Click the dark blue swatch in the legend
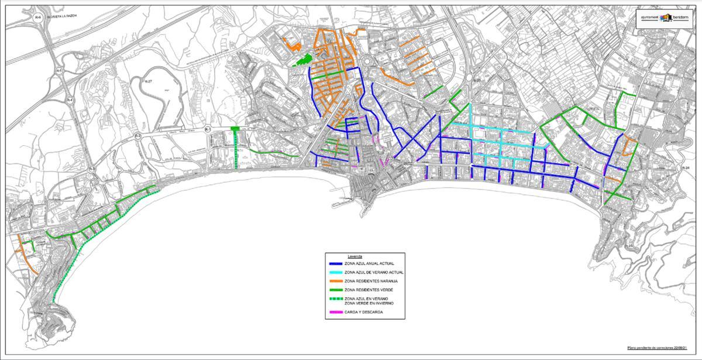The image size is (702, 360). [x=335, y=264]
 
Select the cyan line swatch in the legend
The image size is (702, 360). [x=335, y=272]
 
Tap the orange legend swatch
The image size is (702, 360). [x=335, y=281]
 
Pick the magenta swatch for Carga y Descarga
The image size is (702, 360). [x=335, y=312]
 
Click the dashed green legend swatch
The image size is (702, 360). [x=335, y=299]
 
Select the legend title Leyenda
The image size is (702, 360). [x=355, y=257]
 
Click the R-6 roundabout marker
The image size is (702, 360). [x=39, y=18]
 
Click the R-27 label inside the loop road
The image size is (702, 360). [x=148, y=81]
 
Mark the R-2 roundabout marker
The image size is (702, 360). [x=138, y=136]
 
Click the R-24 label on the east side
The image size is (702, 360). [x=685, y=168]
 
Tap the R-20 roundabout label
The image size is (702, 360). [x=476, y=80]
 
